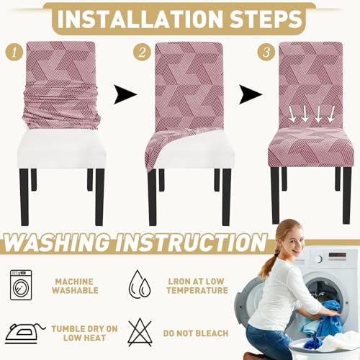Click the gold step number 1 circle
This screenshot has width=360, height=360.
click(14, 52)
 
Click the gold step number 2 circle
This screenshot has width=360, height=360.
click(142, 52)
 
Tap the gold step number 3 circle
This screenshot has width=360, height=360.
click(266, 52)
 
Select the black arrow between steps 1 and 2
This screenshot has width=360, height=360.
click(125, 94)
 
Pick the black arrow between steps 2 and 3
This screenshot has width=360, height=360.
click(251, 94)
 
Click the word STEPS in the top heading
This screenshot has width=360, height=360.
click(266, 19)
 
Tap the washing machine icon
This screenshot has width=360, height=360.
click(21, 285)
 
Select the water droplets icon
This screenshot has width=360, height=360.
click(140, 284)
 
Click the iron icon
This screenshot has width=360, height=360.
click(24, 333)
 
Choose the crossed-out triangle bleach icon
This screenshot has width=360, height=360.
click(140, 333)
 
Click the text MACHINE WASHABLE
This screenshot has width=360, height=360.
click(75, 286)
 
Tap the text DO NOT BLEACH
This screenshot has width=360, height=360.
click(196, 333)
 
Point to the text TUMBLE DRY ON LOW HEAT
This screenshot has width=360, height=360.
click(84, 333)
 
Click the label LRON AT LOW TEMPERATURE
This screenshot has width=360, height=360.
click(197, 286)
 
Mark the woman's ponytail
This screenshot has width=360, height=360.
click(268, 264)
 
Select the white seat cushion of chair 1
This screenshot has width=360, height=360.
click(62, 149)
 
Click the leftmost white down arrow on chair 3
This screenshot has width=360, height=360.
click(292, 114)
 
